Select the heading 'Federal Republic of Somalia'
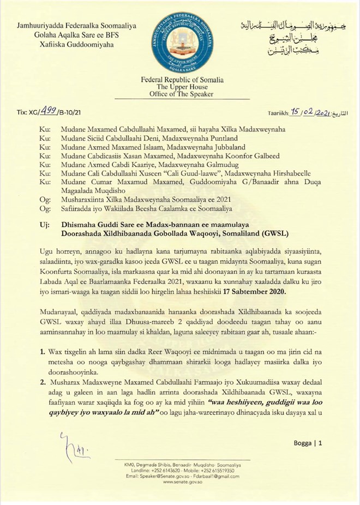point(179,80)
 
